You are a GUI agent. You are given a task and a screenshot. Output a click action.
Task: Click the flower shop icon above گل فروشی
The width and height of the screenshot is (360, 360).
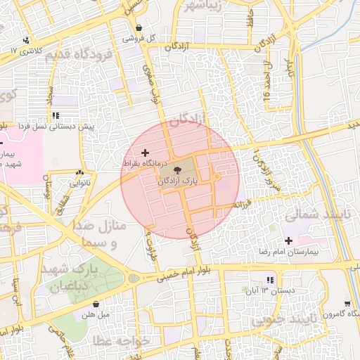[139, 29]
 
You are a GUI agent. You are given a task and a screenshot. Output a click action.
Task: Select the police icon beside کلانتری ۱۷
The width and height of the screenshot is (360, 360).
[26, 40]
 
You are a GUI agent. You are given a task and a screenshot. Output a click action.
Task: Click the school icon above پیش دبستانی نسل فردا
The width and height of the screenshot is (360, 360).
[55, 115]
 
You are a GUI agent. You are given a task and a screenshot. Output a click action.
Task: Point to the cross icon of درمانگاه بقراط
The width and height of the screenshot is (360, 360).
[146, 153]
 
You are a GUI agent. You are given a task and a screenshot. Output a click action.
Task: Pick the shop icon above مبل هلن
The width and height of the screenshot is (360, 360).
[96, 304]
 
